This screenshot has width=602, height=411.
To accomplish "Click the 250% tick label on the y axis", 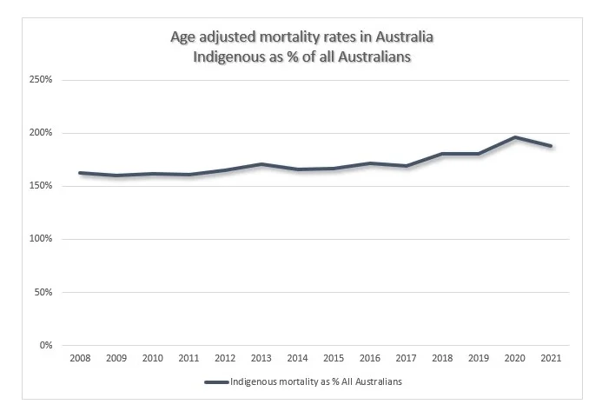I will coord(43,80).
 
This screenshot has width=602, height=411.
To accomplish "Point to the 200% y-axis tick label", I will coord(43,133).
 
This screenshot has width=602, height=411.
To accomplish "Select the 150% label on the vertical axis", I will coord(43,186).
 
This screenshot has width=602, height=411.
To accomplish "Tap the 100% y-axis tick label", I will coord(43,239).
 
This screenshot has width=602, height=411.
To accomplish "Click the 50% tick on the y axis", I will coord(45,292).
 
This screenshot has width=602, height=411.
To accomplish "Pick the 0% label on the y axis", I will coord(48,345).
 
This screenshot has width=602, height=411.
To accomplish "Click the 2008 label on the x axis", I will coord(80,357).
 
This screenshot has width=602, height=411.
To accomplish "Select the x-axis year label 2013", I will coord(261,357).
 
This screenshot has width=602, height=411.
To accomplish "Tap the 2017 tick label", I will coord(407,357).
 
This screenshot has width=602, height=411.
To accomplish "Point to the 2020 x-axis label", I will coord(515,357).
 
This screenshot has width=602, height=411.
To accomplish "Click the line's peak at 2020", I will coord(515,137).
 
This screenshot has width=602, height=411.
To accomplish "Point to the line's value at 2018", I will coord(443,154).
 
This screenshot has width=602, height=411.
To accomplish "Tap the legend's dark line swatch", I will coord(216,381).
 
